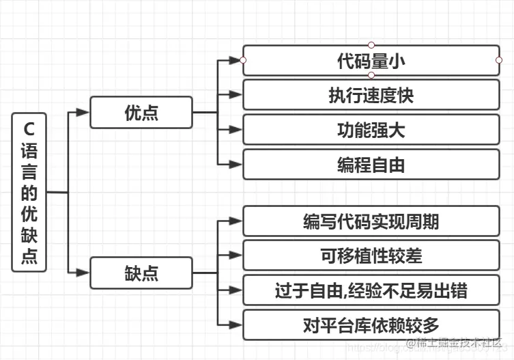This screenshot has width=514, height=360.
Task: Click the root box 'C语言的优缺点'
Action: [29, 193]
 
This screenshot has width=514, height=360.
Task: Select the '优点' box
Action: [141, 113]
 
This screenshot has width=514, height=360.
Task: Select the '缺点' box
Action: [141, 273]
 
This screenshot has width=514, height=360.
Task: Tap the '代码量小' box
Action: [371, 60]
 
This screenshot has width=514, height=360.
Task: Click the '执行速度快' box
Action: [371, 95]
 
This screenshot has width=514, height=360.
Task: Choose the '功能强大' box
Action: [371, 129]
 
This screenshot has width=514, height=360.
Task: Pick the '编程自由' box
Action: [371, 164]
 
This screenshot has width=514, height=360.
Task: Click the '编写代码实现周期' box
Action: [371, 221]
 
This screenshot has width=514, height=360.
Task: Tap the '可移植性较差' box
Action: [371, 255]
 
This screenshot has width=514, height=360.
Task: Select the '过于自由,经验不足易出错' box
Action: [371, 290]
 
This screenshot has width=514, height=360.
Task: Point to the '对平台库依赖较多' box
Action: [371, 325]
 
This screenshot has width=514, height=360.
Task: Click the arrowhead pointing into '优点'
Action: [83, 113]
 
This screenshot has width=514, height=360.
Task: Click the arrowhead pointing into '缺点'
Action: [83, 273]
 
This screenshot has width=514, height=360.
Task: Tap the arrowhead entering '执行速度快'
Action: [236, 95]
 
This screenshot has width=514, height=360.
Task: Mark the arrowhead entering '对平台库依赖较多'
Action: [236, 325]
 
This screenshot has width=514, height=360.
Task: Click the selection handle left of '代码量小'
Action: [243, 60]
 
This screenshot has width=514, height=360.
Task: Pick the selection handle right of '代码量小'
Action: [500, 60]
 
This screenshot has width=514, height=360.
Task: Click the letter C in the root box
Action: [29, 128]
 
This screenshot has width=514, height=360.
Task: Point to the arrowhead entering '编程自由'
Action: [236, 164]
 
